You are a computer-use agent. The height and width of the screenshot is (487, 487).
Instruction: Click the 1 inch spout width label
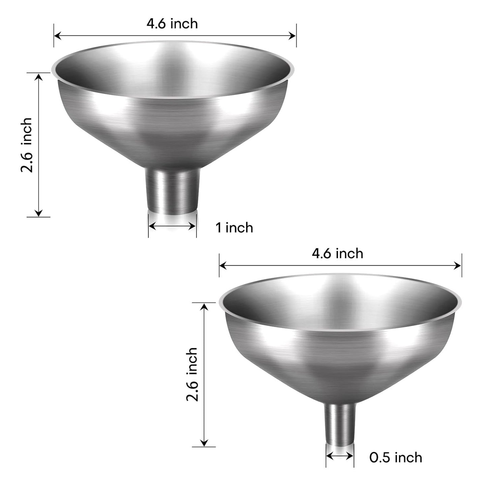234,228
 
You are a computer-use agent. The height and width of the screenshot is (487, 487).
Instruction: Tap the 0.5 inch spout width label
396,457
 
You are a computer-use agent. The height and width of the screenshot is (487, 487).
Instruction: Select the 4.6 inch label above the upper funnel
172,24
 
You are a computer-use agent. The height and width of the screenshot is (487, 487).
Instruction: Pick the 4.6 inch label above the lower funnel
337,253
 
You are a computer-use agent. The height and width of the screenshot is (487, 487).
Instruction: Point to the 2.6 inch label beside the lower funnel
192,374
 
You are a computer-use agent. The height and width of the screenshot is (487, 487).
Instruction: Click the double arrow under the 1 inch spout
172,226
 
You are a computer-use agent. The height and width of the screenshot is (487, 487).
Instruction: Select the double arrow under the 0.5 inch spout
340,456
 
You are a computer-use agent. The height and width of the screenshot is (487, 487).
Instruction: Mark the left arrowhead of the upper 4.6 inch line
57,35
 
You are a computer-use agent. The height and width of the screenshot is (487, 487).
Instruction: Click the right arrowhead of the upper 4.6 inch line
293,35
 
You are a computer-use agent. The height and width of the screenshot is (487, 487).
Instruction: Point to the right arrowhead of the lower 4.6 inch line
458,266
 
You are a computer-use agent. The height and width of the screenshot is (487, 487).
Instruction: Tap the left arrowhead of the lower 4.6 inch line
223,266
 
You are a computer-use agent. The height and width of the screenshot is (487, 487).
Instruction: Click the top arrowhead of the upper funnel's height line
39,77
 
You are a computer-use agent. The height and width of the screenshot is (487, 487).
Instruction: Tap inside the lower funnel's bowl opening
340,297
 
